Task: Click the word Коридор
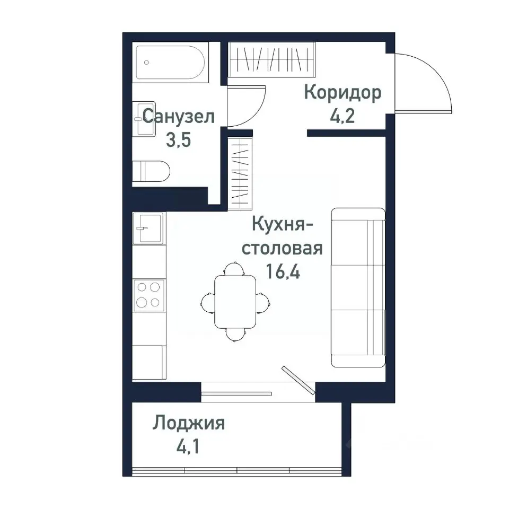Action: (x=342, y=93)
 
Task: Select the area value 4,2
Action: (x=342, y=116)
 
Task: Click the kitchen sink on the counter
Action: (x=148, y=228)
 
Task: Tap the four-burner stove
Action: (x=148, y=294)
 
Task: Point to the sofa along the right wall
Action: (x=357, y=287)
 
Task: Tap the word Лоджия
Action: (x=189, y=424)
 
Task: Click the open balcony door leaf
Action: (x=298, y=380)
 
